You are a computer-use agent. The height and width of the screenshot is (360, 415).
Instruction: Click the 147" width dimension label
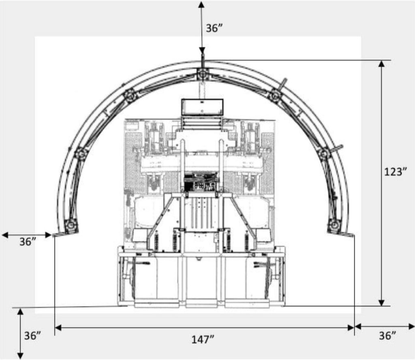pyautogui.click(x=203, y=339)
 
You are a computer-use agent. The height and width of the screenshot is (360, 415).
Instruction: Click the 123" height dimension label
pyautogui.click(x=395, y=172)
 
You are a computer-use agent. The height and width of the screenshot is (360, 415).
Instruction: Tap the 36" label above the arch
pyautogui.click(x=214, y=28)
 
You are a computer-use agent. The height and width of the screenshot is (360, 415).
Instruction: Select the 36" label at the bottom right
pyautogui.click(x=387, y=336)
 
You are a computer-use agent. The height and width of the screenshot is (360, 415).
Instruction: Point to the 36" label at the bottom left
pyautogui.click(x=33, y=336)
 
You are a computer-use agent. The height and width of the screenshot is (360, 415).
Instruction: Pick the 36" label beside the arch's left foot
pyautogui.click(x=28, y=242)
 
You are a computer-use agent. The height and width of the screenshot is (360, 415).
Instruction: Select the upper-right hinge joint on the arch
pyautogui.click(x=275, y=95)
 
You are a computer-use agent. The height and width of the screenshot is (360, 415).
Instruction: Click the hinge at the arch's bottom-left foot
pyautogui.click(x=71, y=226)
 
